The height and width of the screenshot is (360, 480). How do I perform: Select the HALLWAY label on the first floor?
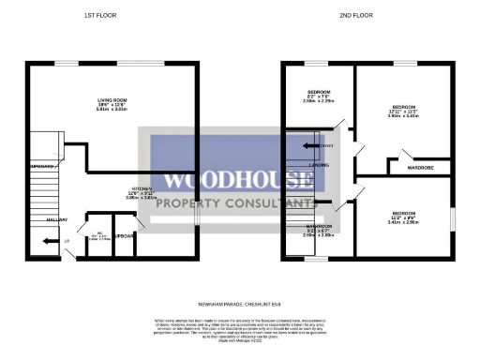coord(33,219)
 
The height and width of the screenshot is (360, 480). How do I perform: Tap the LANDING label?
coord(319,165)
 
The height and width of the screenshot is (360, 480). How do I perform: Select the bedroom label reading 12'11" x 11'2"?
coord(404,109)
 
